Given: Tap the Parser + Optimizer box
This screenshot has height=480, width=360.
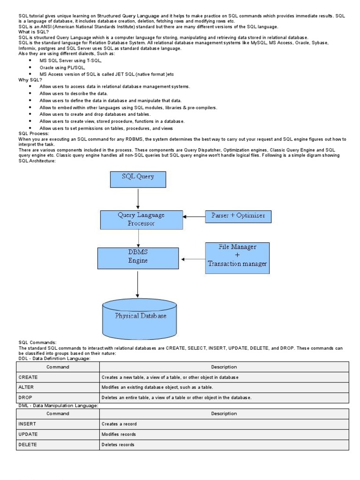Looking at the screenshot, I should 238,216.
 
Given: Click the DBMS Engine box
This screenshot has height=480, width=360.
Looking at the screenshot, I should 138,257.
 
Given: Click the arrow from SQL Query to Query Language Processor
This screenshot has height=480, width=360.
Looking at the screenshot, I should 138,199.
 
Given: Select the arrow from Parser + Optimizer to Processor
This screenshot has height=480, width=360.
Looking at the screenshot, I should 194,217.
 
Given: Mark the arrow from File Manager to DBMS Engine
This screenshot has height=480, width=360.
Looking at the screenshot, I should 193,259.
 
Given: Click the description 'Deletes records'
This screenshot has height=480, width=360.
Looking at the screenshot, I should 118,444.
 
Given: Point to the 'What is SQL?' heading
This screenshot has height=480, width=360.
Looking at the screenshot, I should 33,32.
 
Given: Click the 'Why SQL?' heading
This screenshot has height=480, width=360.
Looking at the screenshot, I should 30,80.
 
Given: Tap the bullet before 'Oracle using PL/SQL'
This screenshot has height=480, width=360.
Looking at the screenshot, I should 30,67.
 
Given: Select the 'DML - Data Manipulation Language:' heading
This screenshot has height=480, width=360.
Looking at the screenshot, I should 58,405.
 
